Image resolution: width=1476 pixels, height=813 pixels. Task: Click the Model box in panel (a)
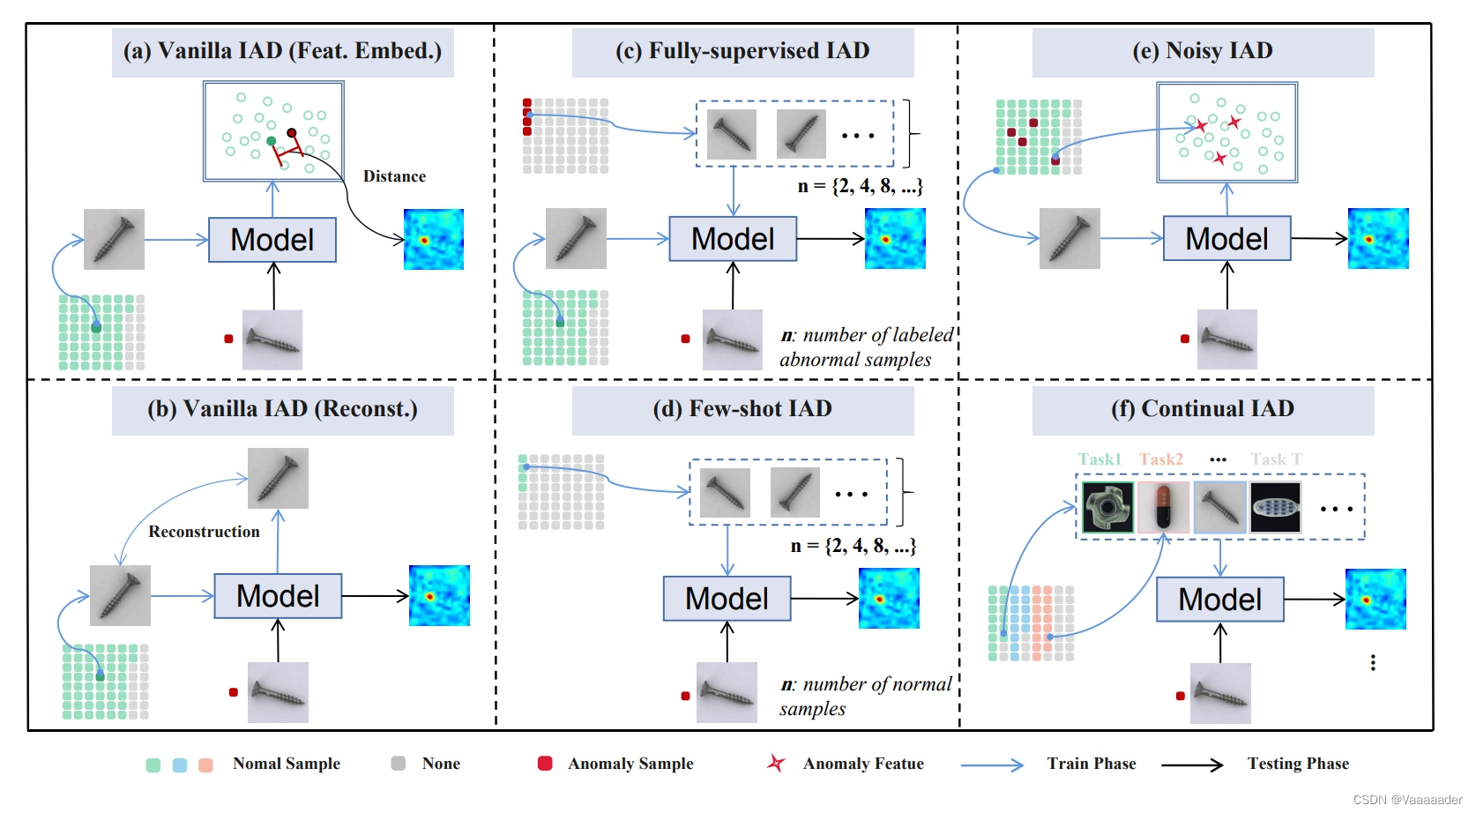[x=272, y=240]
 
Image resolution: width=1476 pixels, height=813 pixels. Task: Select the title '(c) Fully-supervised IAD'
[x=742, y=51]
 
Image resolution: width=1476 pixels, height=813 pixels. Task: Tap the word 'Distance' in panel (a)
[x=394, y=176]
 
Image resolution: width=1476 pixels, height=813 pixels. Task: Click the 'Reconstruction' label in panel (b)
[x=204, y=532]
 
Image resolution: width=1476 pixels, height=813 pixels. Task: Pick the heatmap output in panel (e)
[x=1378, y=239]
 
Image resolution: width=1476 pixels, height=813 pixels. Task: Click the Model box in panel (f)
[x=1219, y=600]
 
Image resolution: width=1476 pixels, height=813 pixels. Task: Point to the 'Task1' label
[x=1100, y=459]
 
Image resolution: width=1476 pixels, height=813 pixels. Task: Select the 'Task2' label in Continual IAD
[x=1160, y=459]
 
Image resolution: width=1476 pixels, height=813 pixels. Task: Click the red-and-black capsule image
[x=1163, y=507]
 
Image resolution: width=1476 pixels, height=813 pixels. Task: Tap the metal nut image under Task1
[x=1107, y=507]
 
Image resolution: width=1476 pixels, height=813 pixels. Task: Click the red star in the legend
[x=776, y=764]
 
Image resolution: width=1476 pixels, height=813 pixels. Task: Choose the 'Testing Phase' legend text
[x=1298, y=764]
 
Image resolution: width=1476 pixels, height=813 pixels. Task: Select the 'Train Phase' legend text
[x=1091, y=764]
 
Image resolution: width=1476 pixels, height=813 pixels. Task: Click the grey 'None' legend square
[x=399, y=764]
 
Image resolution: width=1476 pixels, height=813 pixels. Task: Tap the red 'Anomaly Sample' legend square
[x=545, y=764]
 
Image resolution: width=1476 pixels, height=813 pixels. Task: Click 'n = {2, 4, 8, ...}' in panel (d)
[x=853, y=546]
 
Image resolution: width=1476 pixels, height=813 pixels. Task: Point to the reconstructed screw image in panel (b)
[x=278, y=478]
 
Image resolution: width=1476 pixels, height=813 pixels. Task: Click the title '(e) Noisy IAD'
[x=1203, y=51]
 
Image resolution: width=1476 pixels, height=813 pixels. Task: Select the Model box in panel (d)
[x=727, y=599]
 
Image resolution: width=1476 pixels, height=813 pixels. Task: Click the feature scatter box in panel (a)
[x=273, y=131]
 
